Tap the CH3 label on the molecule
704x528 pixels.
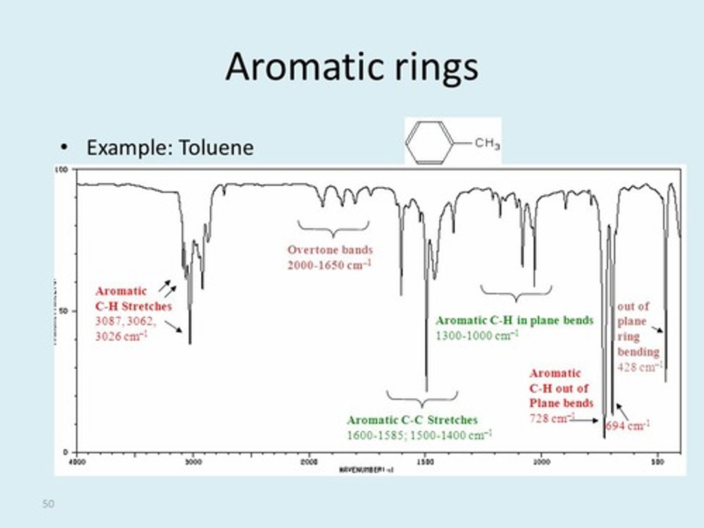(487, 143)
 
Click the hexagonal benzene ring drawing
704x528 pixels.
(430, 142)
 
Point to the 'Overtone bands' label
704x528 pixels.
(330, 250)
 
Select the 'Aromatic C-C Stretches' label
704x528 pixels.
(412, 420)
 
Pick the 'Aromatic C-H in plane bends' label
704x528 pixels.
(514, 321)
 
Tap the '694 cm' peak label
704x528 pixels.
(627, 425)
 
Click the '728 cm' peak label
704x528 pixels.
(551, 418)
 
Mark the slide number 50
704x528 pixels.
(48, 504)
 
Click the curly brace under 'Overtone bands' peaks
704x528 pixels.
(333, 228)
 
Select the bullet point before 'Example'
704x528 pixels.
(63, 148)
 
